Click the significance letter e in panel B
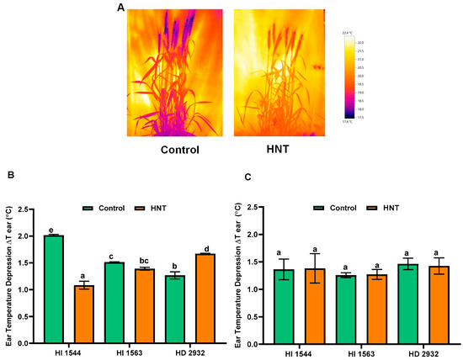click(x=53, y=230)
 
